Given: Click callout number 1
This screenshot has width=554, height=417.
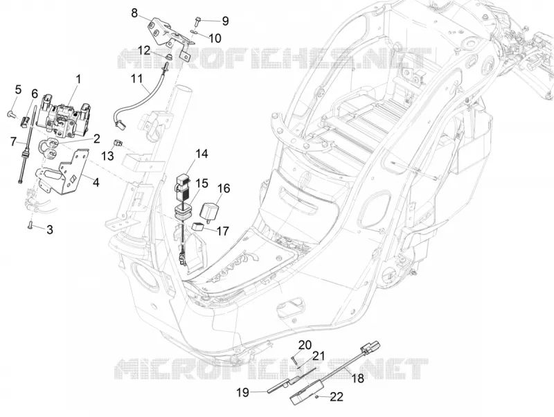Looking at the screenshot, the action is tap(78, 79).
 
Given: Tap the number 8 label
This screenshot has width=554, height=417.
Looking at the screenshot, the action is tap(134, 13).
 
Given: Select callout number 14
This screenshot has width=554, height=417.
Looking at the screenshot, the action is tap(202, 154).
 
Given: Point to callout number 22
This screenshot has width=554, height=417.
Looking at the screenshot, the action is tap(337, 397).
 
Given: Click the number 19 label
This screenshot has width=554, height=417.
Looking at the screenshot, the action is tap(243, 392).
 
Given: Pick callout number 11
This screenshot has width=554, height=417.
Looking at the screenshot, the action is tap(136, 78).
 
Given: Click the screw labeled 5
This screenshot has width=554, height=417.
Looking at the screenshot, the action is tap(10, 114).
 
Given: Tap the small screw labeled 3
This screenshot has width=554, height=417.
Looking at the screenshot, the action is tap(30, 224).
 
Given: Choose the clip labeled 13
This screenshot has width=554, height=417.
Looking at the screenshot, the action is tap(118, 143).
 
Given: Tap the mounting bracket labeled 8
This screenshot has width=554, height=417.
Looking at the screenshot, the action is tap(169, 37).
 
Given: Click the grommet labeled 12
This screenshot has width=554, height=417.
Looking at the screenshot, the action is tap(169, 57).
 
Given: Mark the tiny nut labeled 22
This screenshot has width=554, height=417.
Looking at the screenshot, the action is tap(318, 396).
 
